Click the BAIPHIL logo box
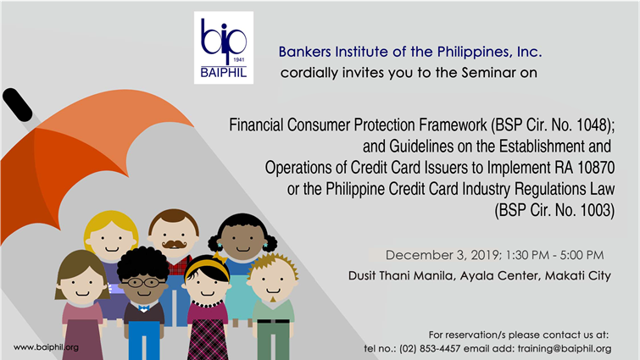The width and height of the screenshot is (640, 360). click(x=224, y=47)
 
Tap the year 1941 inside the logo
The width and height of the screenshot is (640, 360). click(x=239, y=60)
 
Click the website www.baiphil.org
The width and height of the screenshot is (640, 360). click(x=46, y=347)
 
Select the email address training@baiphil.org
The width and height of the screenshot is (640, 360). click(x=565, y=349)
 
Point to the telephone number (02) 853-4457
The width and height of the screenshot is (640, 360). click(x=430, y=349)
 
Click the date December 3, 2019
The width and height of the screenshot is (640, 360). click(x=442, y=255)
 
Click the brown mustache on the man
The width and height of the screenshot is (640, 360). click(x=175, y=244)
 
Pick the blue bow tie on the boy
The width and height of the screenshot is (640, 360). click(x=143, y=307)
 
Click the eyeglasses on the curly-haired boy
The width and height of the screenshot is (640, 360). click(x=143, y=282)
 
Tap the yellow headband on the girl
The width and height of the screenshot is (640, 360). click(x=208, y=265)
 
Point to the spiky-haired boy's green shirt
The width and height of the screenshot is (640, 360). click(x=273, y=311)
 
